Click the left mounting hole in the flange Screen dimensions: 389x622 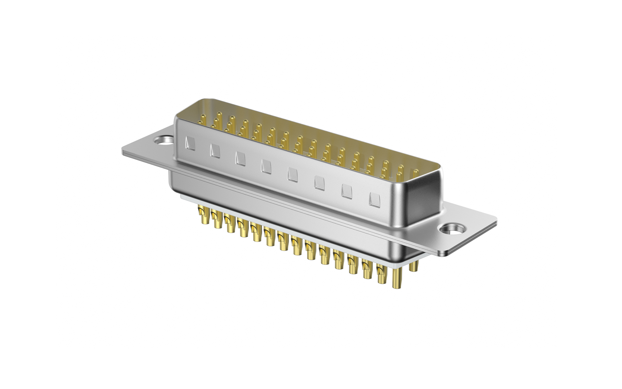(x=163, y=141)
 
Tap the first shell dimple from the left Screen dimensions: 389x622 (x=190, y=144)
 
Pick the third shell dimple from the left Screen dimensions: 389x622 (x=240, y=159)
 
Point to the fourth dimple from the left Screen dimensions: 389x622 (x=266, y=167)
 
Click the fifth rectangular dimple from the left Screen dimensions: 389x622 (x=293, y=175)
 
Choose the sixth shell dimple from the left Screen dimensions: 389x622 (x=319, y=183)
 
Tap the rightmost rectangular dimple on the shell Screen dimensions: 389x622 (x=374, y=200)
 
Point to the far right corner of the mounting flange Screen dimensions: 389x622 (x=496, y=220)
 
